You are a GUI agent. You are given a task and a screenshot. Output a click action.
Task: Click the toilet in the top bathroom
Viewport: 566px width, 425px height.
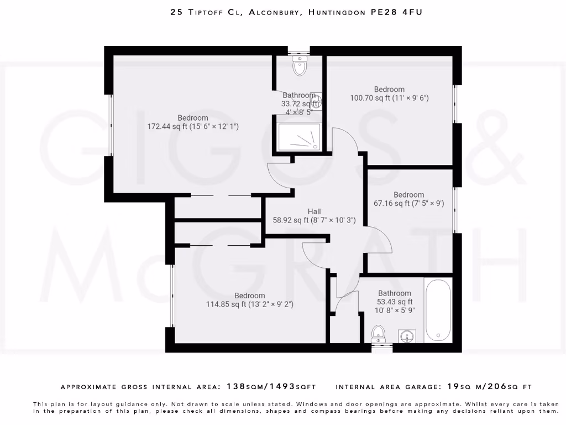tap(300, 66)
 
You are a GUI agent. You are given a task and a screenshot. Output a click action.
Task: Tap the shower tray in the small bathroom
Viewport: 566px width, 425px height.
tap(299, 137)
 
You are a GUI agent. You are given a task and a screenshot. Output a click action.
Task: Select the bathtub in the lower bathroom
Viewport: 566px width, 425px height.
tap(438, 310)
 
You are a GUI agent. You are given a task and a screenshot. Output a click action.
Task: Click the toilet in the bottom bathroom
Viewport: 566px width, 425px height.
tap(379, 334)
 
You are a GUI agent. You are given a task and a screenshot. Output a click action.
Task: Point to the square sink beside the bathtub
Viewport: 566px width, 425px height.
tap(407, 335)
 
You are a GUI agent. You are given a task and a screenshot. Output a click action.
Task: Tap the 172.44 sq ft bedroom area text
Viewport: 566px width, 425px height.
tap(192, 127)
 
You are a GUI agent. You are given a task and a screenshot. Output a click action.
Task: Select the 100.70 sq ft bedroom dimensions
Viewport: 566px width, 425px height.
tap(389, 98)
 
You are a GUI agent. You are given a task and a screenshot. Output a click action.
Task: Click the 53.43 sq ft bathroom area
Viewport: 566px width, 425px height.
tap(395, 302)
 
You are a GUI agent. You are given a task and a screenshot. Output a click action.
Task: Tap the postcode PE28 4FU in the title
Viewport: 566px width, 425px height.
tap(396, 12)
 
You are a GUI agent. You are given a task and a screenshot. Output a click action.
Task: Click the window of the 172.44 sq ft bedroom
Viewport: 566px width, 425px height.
tap(111, 125)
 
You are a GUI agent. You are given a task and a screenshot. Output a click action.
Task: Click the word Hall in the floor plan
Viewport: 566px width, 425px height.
tap(314, 211)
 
